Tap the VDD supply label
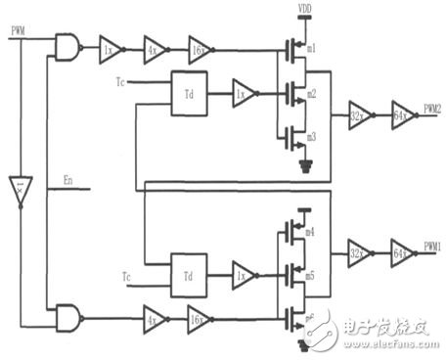[x=304, y=11]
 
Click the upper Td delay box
[x=189, y=92]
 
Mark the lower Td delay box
[x=189, y=271]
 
